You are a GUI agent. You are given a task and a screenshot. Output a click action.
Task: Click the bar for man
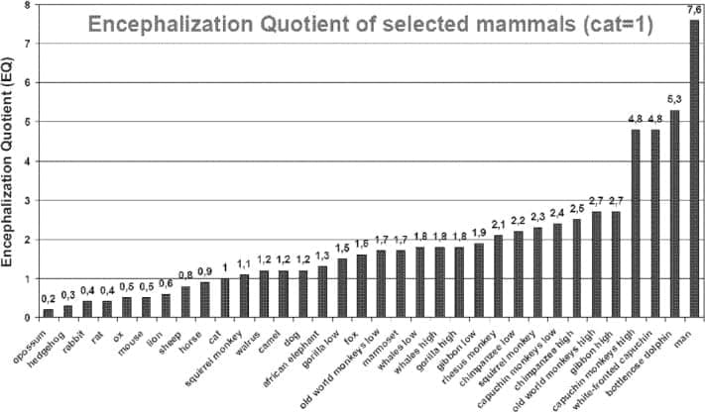click(x=693, y=168)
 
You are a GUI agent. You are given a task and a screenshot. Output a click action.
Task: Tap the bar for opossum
click(x=48, y=313)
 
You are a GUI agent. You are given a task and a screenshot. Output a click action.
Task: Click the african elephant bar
click(x=321, y=292)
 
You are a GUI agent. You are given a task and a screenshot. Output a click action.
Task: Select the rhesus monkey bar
click(x=498, y=276)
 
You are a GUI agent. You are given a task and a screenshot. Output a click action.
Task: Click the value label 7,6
click(x=693, y=10)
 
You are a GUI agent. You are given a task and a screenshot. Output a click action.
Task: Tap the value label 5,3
click(x=673, y=100)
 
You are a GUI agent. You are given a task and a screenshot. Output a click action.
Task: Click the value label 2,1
click(x=498, y=225)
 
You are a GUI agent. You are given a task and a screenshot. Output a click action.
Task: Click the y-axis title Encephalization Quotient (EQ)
click(x=9, y=178)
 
